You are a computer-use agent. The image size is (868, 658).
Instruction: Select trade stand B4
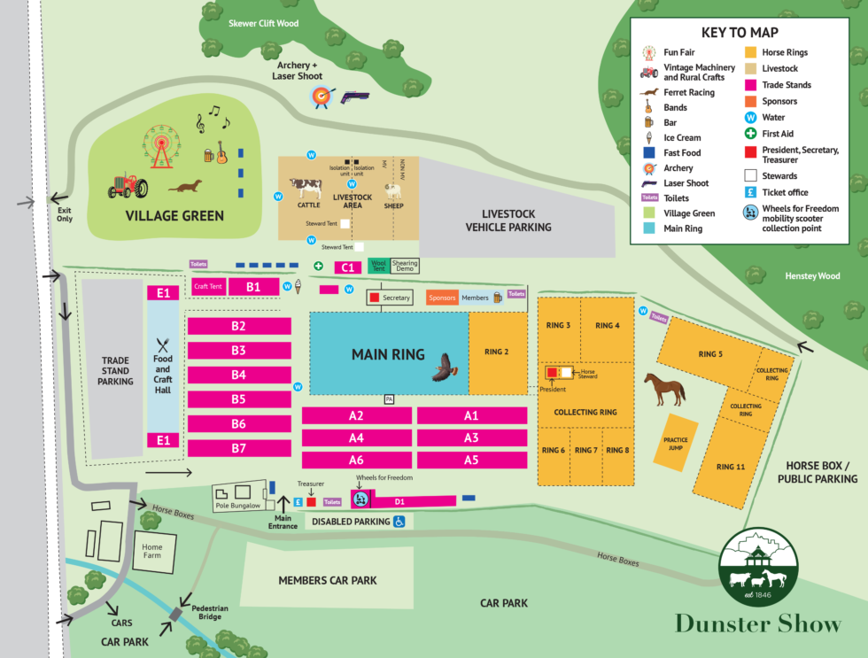[x=239, y=375]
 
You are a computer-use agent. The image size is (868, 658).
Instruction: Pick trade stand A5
[x=470, y=460]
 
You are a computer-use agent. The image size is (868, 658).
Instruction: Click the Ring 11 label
[x=730, y=467]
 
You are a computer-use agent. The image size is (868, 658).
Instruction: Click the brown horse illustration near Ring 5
[x=664, y=388]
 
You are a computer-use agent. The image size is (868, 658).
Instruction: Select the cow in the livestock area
[x=306, y=188]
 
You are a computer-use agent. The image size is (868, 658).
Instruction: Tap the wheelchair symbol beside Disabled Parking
[x=399, y=522]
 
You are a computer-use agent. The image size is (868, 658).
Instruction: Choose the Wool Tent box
[x=378, y=265]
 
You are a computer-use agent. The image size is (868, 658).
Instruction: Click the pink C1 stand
[x=347, y=267]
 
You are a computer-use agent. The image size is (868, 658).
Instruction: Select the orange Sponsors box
[x=442, y=298]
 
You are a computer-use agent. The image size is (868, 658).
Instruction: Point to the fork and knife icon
[x=162, y=345]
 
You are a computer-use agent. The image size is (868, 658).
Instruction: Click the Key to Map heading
[x=737, y=32]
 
